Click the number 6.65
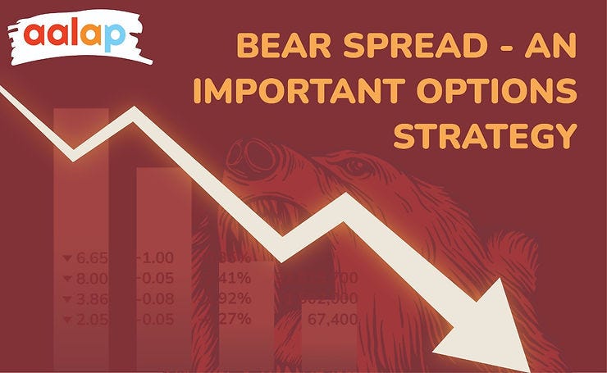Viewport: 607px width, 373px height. coord(89,258)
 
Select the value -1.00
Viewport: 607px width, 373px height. coord(156,258)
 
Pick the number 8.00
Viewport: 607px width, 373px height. coord(89,278)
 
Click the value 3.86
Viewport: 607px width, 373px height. coord(89,298)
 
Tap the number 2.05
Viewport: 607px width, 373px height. coord(89,319)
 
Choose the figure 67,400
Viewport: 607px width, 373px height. coord(331,319)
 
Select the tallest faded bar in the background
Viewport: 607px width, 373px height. coord(80,238)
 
